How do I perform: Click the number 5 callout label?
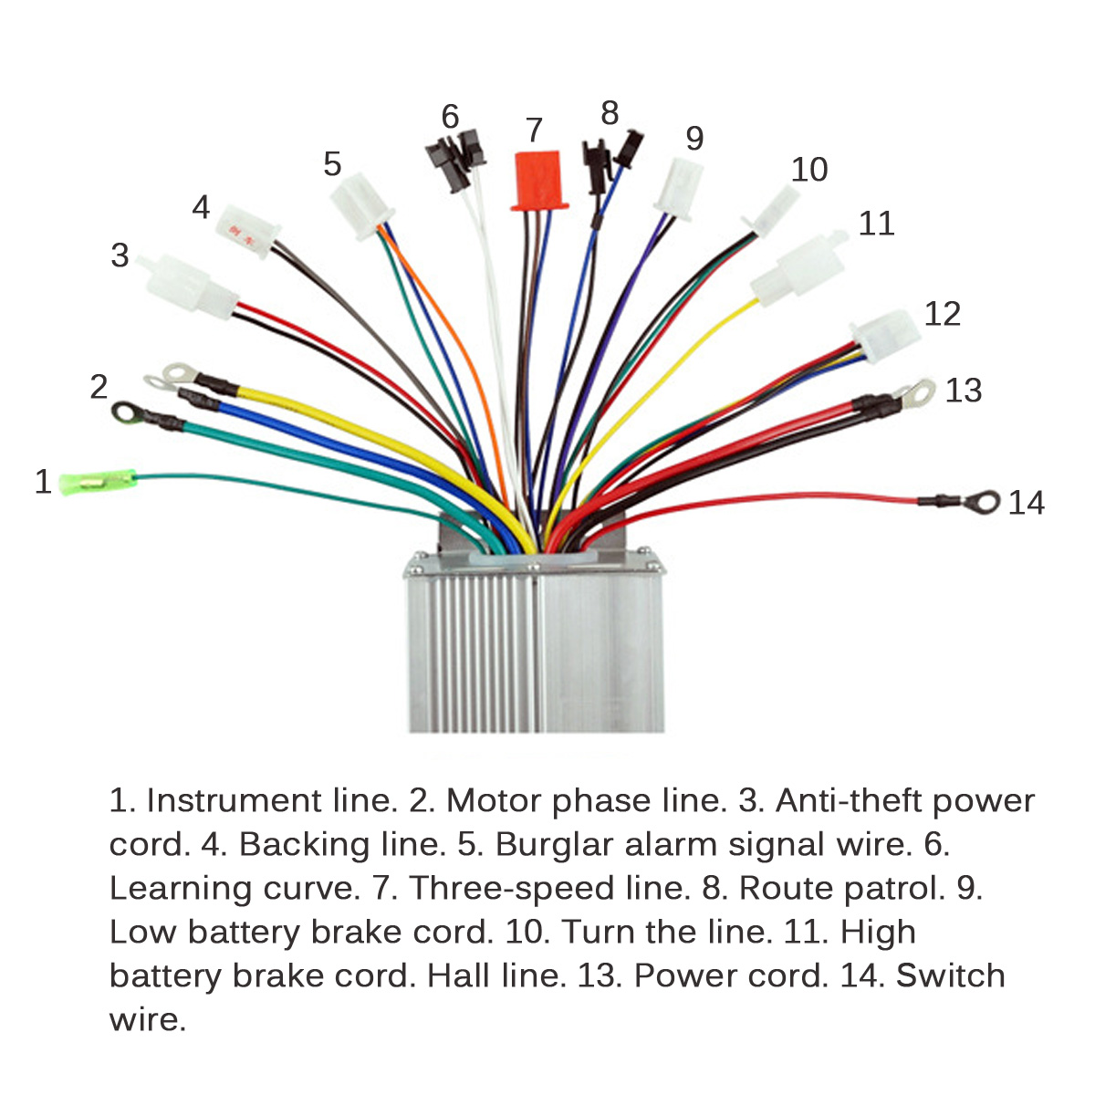[332, 164]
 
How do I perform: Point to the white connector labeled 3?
[190, 280]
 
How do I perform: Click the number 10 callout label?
[808, 170]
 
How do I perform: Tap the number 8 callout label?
[610, 113]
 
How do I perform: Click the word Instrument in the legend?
[235, 800]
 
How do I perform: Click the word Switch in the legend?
[950, 975]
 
